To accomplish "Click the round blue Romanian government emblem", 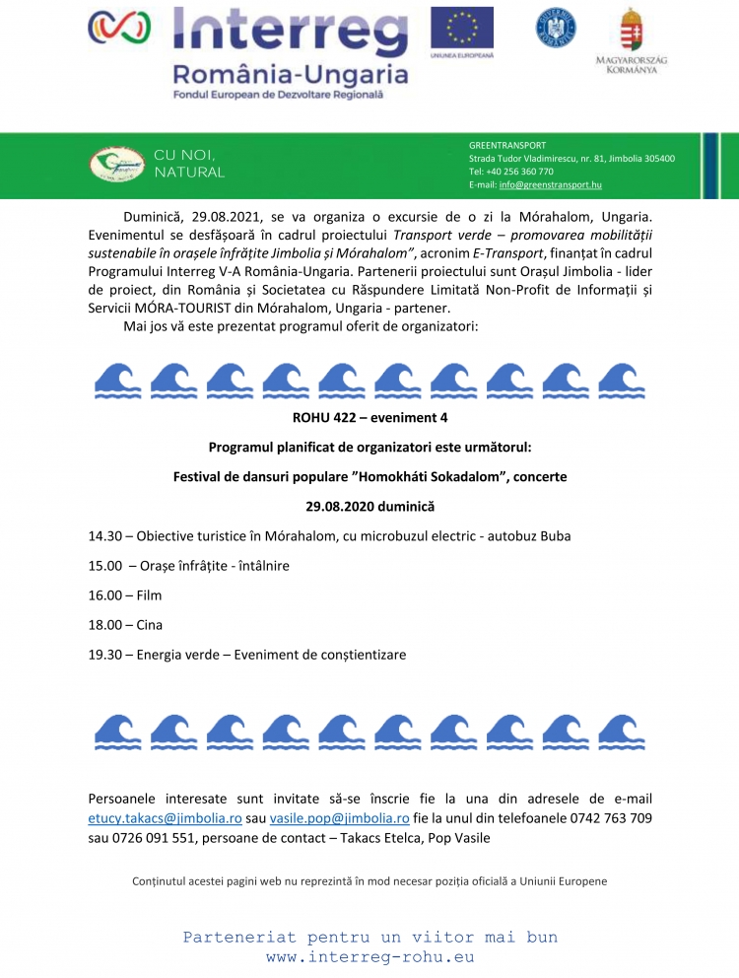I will click(x=557, y=27).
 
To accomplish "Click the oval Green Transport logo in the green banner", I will click(x=116, y=164).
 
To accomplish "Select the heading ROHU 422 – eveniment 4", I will click(x=369, y=417).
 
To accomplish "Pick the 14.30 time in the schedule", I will click(x=104, y=536).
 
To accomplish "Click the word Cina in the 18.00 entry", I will click(x=150, y=625).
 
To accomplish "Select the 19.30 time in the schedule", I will click(x=104, y=655).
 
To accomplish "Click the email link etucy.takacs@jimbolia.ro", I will click(x=166, y=818).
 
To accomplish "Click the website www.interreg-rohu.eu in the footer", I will click(x=369, y=956).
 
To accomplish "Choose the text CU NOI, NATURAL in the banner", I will click(x=188, y=164).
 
